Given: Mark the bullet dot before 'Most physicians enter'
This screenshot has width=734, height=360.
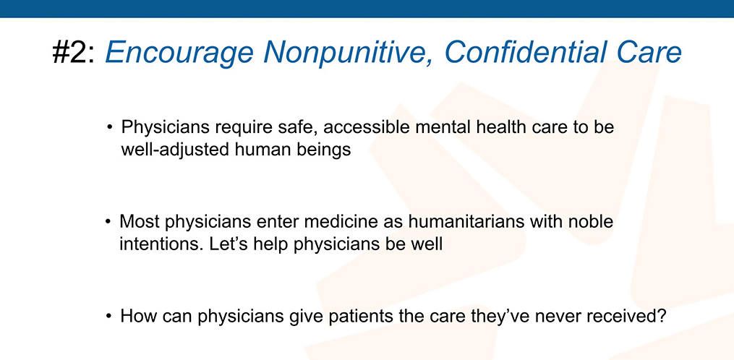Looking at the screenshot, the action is click(109, 221).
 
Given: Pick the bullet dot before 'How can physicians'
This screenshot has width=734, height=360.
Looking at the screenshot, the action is click(109, 316).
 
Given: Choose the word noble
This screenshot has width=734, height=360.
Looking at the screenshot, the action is click(590, 221).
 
